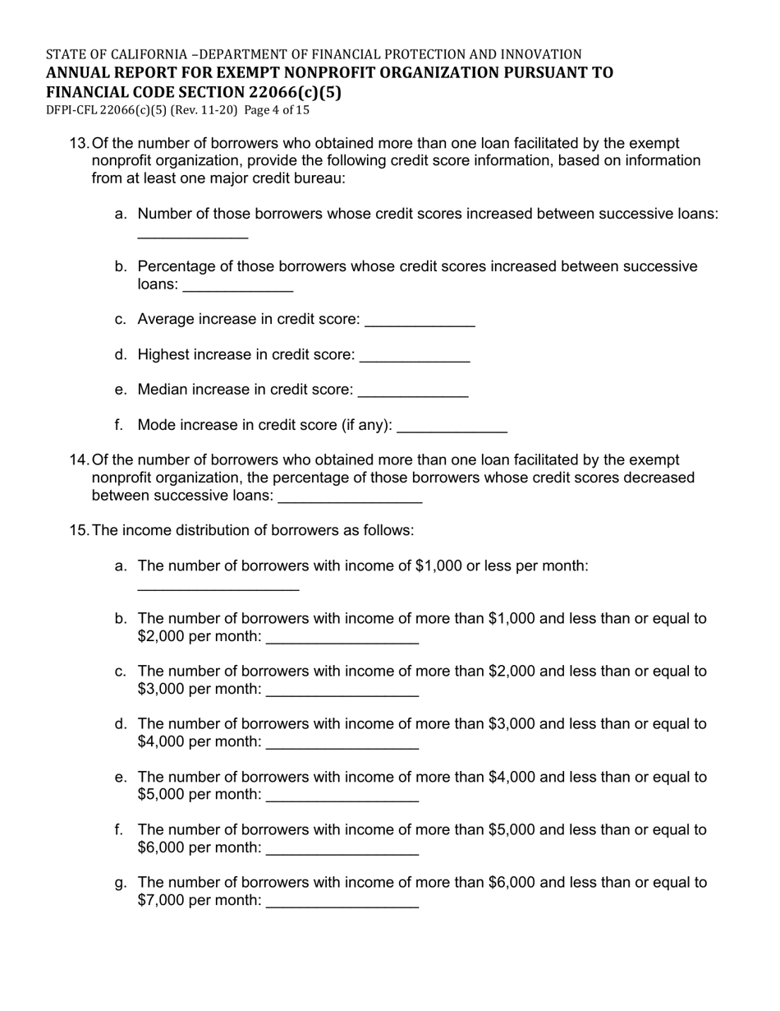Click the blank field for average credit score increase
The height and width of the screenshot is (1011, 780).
coord(420,321)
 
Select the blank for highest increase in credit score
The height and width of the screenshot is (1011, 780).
coord(415,356)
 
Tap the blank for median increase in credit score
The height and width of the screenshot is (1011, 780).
coord(413,391)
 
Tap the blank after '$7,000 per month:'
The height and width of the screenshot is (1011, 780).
coord(343,902)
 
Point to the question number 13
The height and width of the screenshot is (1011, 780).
coord(79,144)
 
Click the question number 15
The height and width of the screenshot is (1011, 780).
coord(79,531)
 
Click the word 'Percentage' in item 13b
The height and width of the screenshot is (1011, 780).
coord(175,267)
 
